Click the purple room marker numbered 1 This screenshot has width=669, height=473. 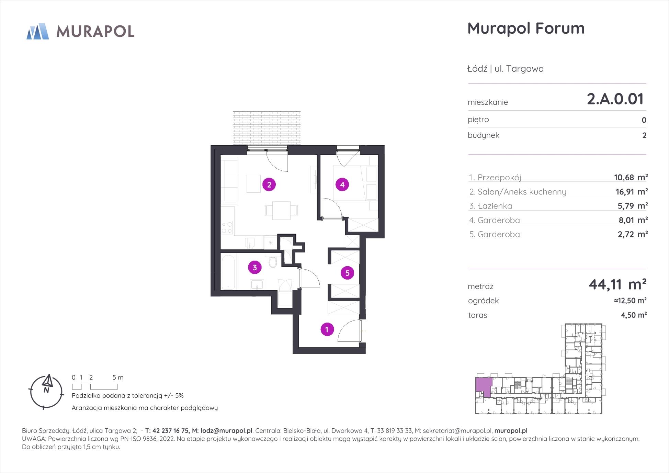tap(327, 329)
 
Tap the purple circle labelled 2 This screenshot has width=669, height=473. tap(269, 185)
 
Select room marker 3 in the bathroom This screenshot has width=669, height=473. tap(254, 268)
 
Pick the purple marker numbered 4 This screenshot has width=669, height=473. tap(342, 185)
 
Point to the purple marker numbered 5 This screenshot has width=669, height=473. tap(347, 273)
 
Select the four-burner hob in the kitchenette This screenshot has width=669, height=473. tap(227, 227)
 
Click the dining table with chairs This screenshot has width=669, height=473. tap(281, 210)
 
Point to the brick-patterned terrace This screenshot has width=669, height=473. tap(267, 128)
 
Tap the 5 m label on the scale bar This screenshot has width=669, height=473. tap(118, 378)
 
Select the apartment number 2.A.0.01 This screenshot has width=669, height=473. tap(615, 99)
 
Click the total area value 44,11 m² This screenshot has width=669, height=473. tap(617, 284)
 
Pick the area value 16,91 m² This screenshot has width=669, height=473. tap(632, 192)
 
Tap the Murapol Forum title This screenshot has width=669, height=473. tap(526, 28)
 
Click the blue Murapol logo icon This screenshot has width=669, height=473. tap(38, 31)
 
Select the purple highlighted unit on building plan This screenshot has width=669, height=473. tap(483, 386)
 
